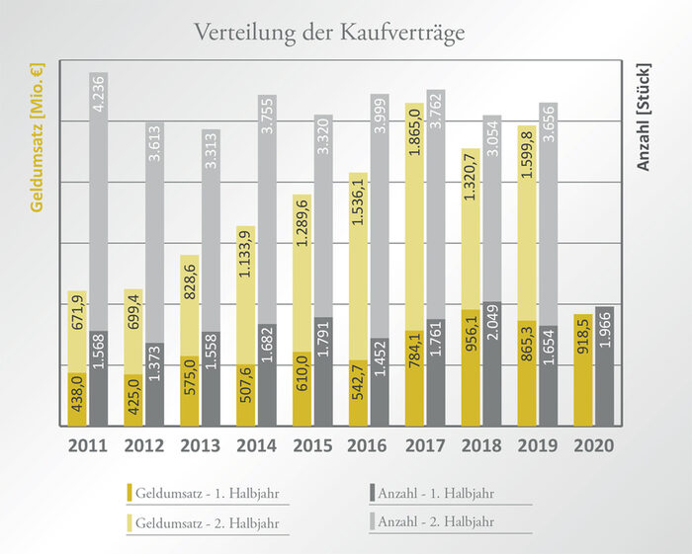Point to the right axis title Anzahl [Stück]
point(644,115)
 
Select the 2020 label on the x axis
point(593,446)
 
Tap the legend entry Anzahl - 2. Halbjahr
point(444,521)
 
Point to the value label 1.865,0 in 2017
point(414,135)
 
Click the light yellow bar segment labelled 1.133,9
point(245,296)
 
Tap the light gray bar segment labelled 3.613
point(154,232)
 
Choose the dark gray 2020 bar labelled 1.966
point(604,366)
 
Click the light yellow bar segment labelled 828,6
point(189,305)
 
